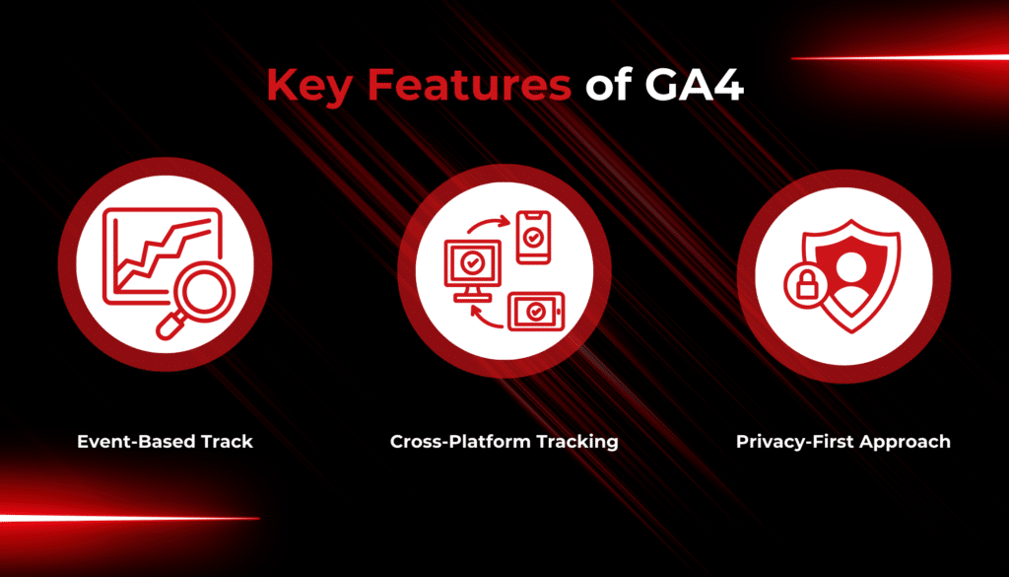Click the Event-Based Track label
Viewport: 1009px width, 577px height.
click(x=165, y=441)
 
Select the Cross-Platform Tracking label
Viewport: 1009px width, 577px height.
click(x=504, y=441)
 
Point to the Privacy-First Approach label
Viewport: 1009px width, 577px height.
click(x=843, y=442)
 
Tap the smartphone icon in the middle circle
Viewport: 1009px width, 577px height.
click(x=533, y=237)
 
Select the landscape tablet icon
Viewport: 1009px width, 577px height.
click(x=536, y=312)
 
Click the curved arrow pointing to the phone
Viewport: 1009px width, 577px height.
click(x=489, y=225)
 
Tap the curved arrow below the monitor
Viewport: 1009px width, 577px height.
click(x=486, y=318)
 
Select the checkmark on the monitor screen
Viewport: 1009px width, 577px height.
click(x=472, y=262)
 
